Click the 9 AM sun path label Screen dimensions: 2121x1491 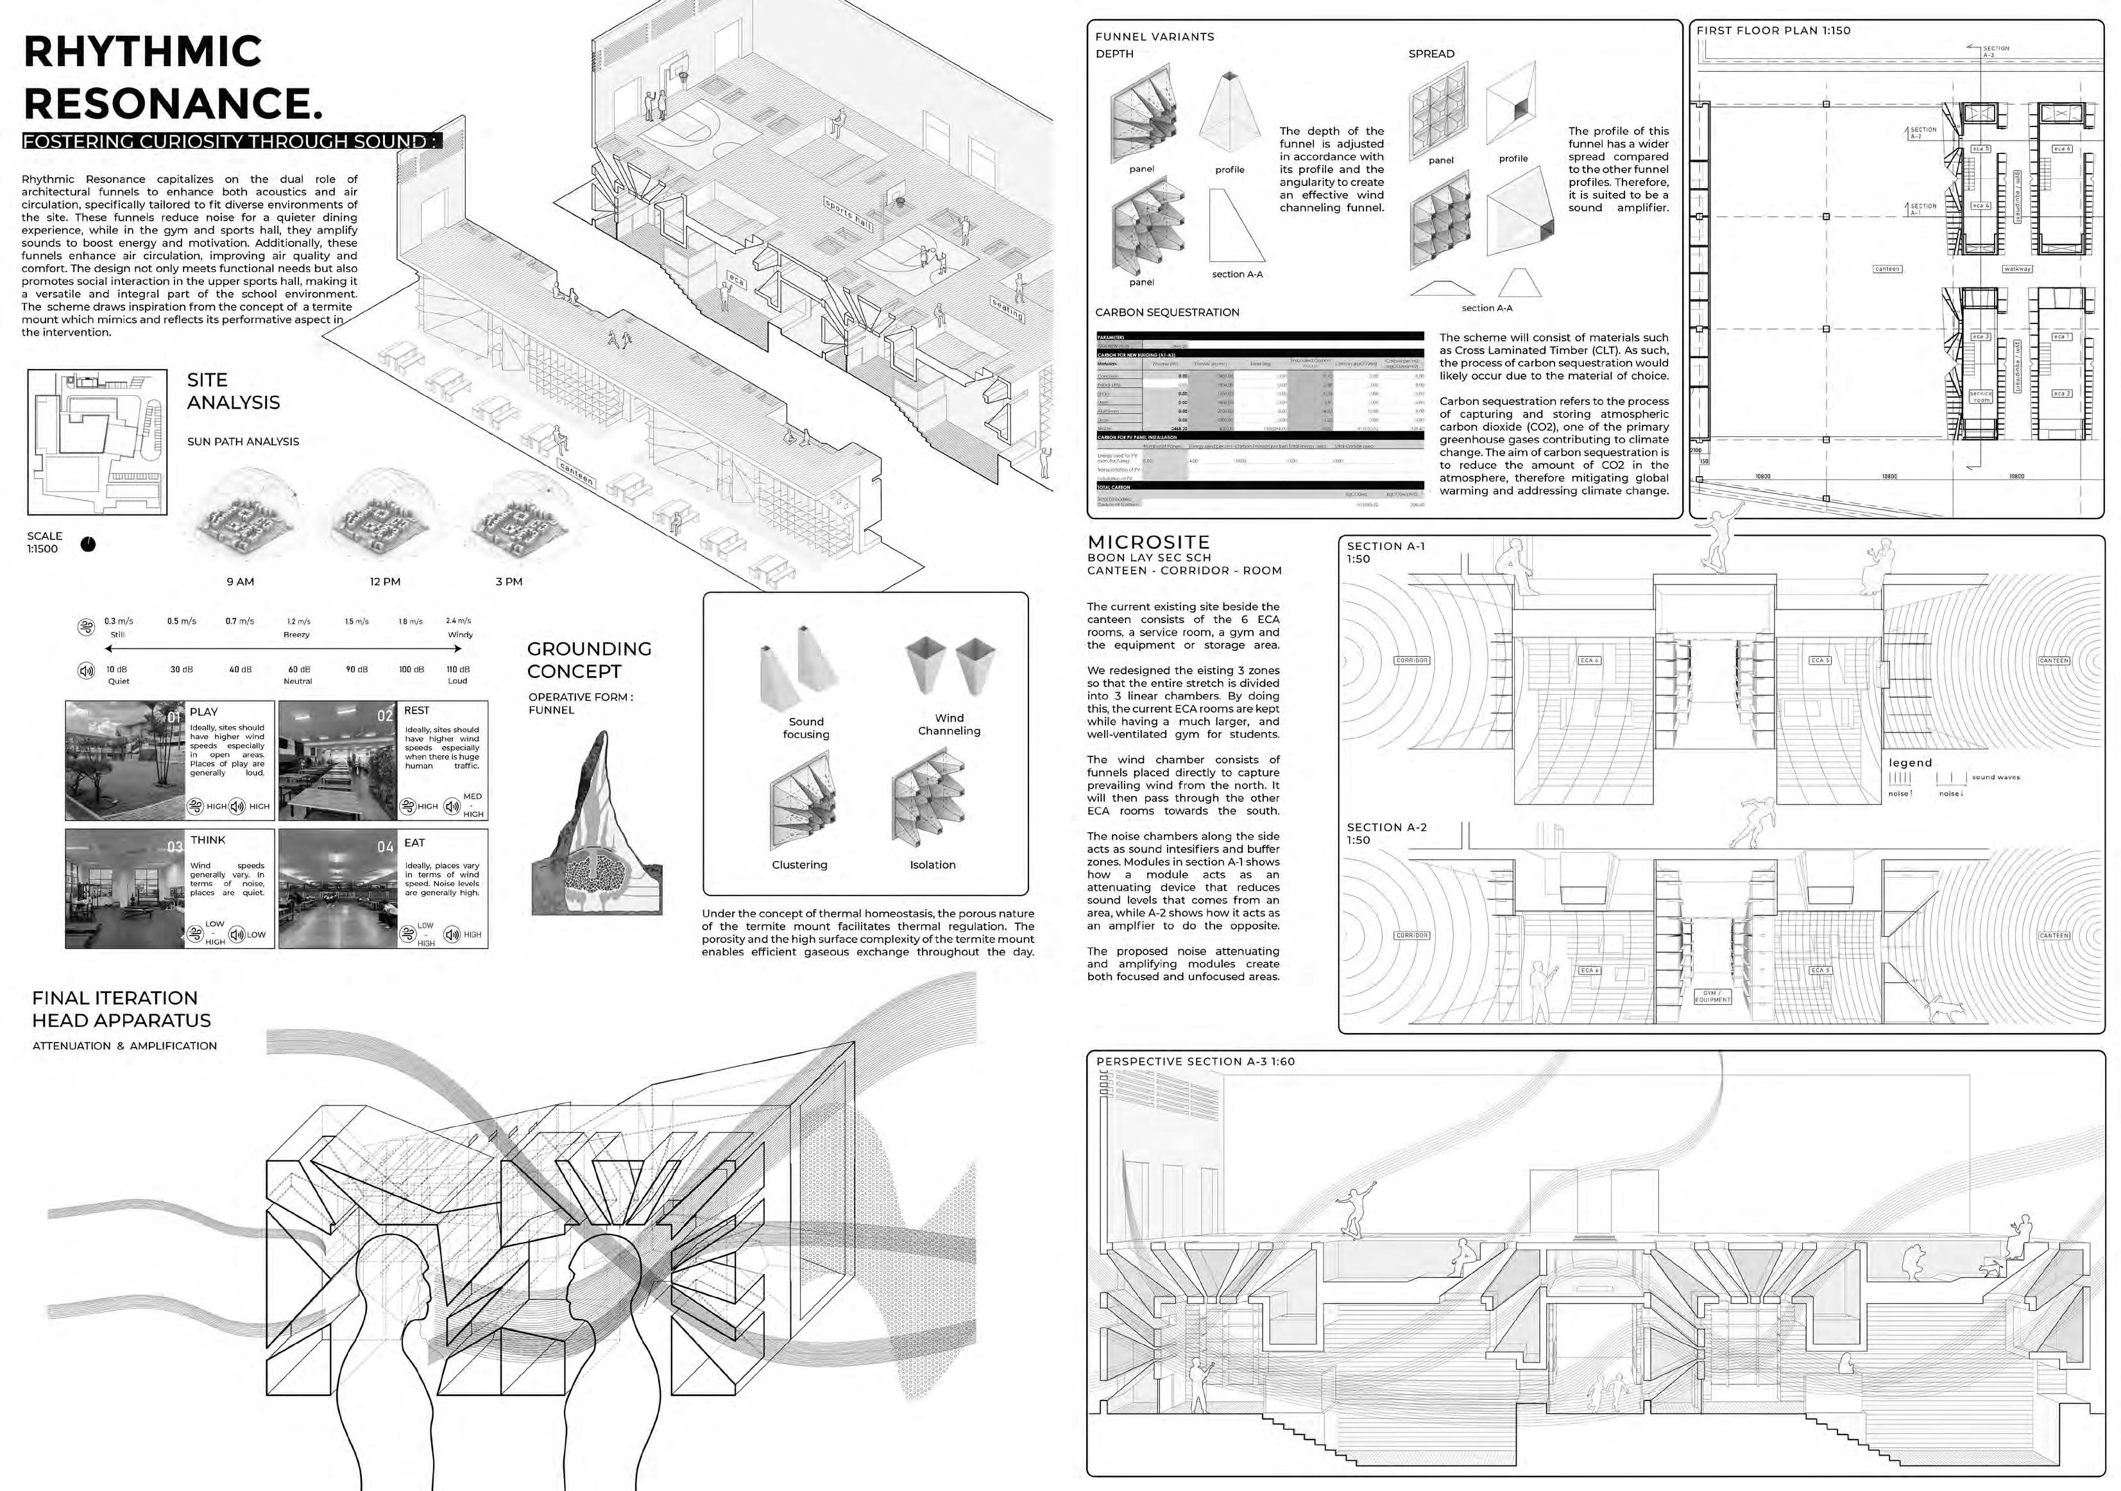(x=240, y=582)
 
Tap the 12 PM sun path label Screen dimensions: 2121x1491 (x=384, y=582)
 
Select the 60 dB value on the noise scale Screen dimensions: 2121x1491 (x=298, y=669)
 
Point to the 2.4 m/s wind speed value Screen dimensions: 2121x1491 (x=458, y=621)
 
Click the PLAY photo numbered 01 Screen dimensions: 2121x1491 (x=124, y=760)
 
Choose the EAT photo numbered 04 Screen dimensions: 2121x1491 (x=337, y=889)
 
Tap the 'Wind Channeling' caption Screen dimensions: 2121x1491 (x=949, y=724)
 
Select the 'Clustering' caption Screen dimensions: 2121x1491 (x=799, y=865)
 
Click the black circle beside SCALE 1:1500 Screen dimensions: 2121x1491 (x=88, y=544)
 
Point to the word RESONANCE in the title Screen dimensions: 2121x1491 (x=173, y=103)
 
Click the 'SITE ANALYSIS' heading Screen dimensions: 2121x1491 (x=233, y=391)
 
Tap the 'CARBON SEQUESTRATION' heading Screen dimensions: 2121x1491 (x=1167, y=312)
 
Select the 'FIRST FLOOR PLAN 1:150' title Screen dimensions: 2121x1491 (x=1773, y=31)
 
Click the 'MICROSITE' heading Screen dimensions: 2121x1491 (x=1148, y=542)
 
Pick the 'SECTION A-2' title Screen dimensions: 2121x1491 (x=1386, y=828)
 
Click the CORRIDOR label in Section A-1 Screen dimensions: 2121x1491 (x=1411, y=661)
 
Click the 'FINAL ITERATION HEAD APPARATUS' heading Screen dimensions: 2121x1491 (x=121, y=1009)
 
